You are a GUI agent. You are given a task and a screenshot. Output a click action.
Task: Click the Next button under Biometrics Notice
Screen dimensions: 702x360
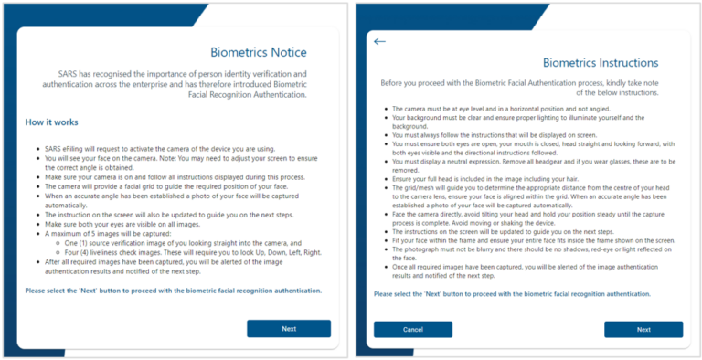(x=288, y=328)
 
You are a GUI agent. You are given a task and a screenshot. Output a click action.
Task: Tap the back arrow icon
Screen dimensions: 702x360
(x=380, y=41)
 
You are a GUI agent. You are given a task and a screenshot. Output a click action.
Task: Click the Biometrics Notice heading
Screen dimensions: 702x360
(x=259, y=52)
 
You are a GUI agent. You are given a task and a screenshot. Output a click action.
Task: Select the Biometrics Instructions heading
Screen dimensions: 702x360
(x=600, y=63)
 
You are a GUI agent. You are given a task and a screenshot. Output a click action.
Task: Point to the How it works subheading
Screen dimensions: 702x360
(x=51, y=122)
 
